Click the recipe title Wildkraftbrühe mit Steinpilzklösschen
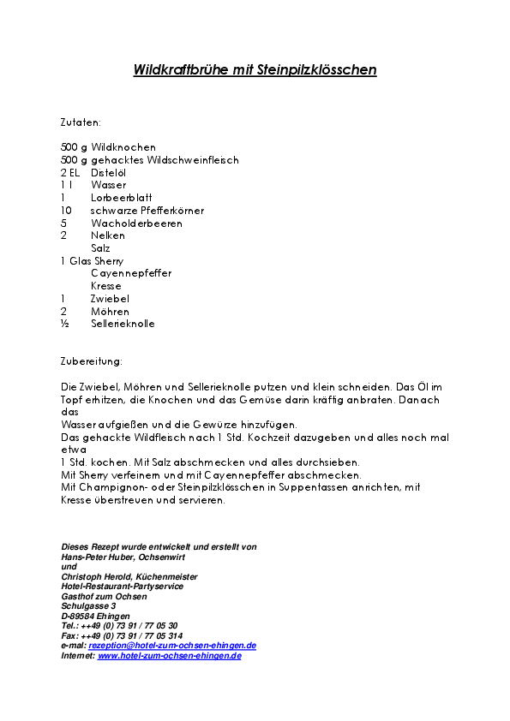point(255,70)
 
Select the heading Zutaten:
point(81,122)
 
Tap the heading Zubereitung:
point(92,361)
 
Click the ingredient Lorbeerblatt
point(122,198)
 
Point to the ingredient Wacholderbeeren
point(136,223)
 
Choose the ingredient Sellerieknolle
point(123,325)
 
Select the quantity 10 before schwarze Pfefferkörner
point(66,211)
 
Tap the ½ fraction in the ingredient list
point(64,325)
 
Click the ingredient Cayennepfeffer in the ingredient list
point(131,274)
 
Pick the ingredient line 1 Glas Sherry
point(92,261)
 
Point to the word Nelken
point(108,235)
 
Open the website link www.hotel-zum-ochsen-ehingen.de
point(169,656)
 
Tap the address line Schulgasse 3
point(88,606)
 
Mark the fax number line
point(121,636)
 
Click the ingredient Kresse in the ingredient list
point(106,286)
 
